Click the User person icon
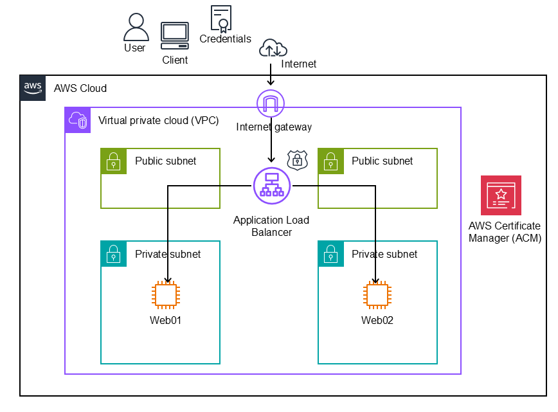[135, 27]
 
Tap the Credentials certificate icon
[221, 19]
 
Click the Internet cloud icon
[273, 48]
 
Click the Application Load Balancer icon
[272, 185]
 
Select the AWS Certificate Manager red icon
[501, 195]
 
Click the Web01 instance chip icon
[166, 295]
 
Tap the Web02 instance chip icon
[377, 295]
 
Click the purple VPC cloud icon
[78, 120]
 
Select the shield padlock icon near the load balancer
[297, 159]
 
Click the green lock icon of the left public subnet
[114, 161]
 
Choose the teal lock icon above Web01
[114, 254]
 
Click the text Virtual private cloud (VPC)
[158, 121]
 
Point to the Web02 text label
[377, 321]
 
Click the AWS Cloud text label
[80, 88]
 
